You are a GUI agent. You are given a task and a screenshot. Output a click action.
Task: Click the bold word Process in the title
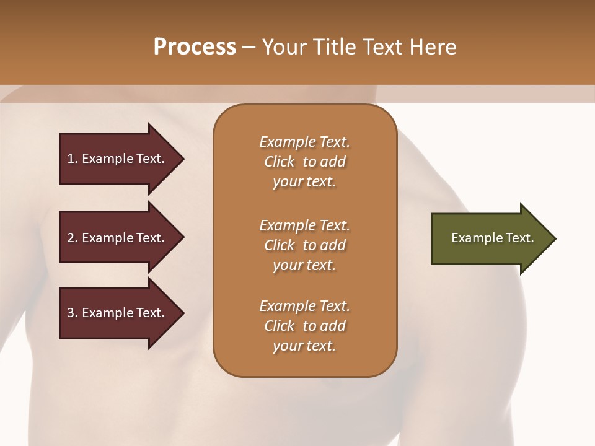pyautogui.click(x=195, y=47)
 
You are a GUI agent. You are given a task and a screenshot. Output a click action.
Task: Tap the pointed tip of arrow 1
pyautogui.click(x=182, y=159)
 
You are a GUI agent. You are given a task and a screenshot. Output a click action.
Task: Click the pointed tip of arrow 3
pyautogui.click(x=182, y=313)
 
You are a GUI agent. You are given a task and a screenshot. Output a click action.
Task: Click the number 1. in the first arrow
pyautogui.click(x=73, y=159)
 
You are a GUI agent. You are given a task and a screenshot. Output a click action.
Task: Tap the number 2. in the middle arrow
pyautogui.click(x=73, y=238)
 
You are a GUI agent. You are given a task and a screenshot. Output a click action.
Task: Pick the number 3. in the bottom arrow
pyautogui.click(x=73, y=313)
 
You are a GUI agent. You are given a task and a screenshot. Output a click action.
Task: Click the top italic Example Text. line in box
pyautogui.click(x=304, y=142)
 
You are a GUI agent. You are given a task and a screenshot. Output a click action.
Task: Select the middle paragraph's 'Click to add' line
pyautogui.click(x=304, y=245)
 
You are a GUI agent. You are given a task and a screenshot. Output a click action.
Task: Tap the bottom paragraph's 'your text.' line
pyautogui.click(x=304, y=346)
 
